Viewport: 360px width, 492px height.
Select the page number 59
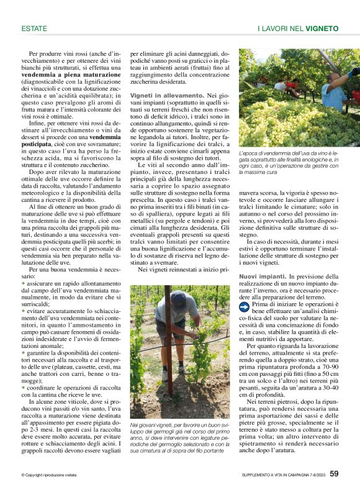[x=334, y=474]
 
